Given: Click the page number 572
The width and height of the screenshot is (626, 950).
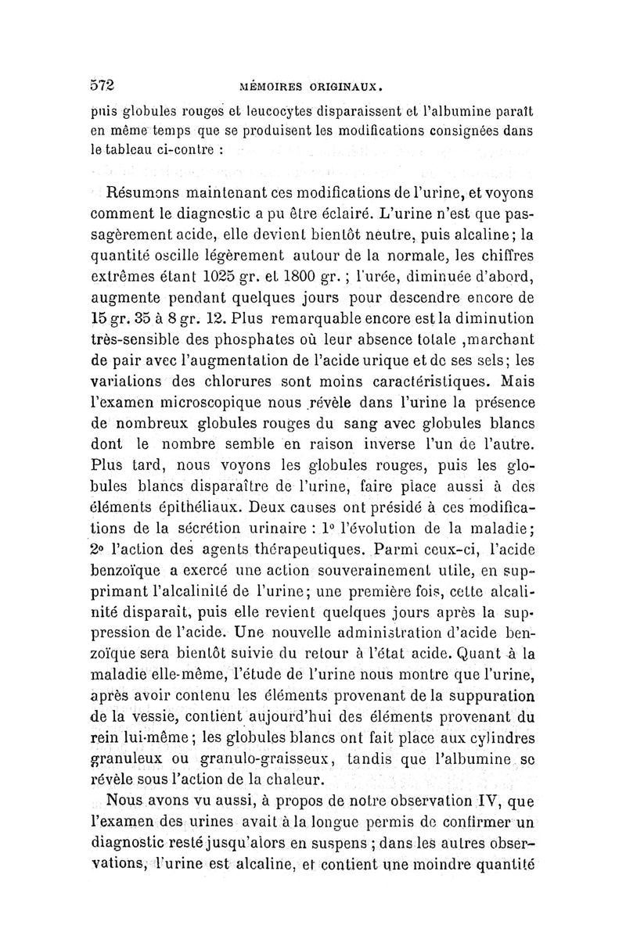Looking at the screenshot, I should (x=103, y=84).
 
